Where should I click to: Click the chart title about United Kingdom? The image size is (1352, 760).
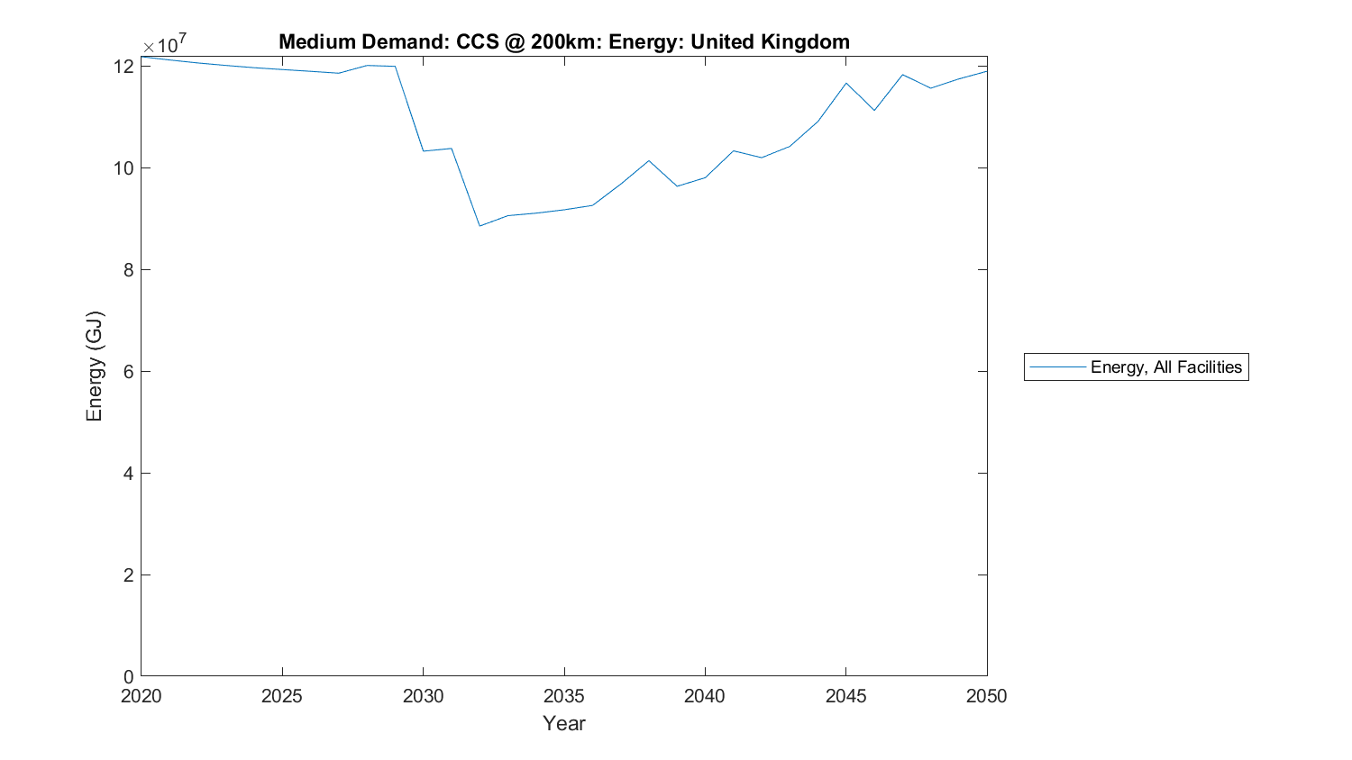[x=563, y=42]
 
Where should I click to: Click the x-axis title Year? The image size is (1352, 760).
[x=564, y=723]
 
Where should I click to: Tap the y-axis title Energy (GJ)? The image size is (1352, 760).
[x=95, y=366]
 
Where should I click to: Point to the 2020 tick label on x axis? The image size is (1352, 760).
[x=142, y=696]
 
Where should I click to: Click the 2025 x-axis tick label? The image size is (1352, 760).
[x=282, y=696]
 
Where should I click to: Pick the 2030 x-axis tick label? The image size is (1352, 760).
[x=423, y=696]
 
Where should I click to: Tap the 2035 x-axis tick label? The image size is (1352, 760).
[x=564, y=696]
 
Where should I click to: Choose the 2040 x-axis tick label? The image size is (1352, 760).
[x=705, y=696]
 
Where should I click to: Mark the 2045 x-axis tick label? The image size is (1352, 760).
[x=845, y=696]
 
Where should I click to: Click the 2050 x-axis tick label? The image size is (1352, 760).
[x=986, y=696]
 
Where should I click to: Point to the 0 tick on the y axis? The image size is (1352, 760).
[x=129, y=676]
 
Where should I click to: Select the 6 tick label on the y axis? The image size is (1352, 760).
[x=129, y=372]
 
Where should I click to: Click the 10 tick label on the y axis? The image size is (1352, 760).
[x=123, y=168]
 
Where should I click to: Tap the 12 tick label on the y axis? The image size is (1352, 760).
[x=123, y=67]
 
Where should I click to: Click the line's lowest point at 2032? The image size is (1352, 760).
[x=480, y=226]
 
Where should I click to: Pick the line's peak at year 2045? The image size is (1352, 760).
[x=845, y=83]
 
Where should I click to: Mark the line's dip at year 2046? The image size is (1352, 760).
[x=874, y=111]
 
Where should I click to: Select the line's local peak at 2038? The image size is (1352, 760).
[x=649, y=161]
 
